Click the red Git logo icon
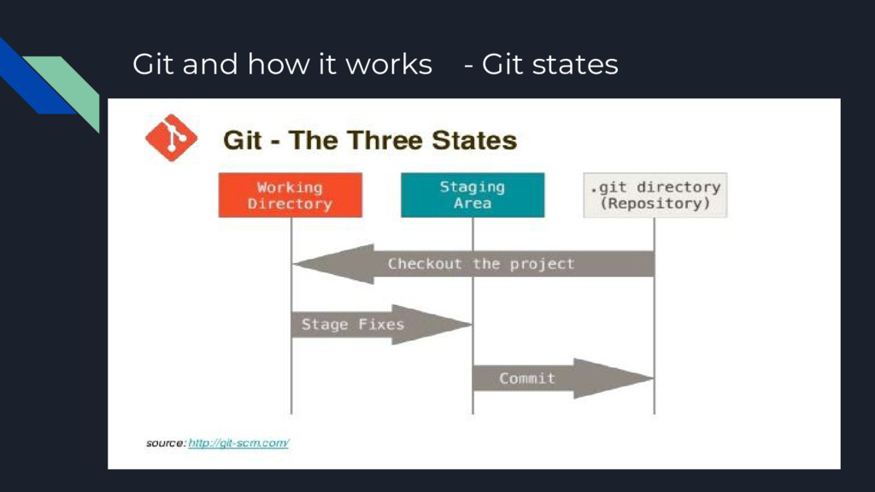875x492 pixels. (171, 138)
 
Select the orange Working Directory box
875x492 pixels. (290, 195)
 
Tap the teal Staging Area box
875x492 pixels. (473, 195)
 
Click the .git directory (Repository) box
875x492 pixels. (655, 195)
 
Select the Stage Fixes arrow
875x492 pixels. (376, 325)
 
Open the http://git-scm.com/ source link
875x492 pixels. (238, 443)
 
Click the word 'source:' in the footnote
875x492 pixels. (165, 443)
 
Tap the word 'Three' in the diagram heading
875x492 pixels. (383, 140)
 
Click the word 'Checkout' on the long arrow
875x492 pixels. (424, 264)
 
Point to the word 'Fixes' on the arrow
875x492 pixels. (381, 325)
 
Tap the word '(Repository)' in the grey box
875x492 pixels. (655, 204)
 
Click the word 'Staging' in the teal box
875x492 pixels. (473, 186)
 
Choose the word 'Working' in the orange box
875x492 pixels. (290, 186)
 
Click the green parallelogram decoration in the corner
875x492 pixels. (68, 90)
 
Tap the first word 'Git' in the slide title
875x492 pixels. (153, 64)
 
